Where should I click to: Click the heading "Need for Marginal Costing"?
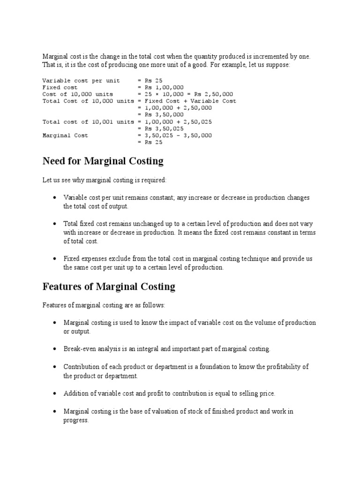103,162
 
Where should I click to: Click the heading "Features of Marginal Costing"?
109,286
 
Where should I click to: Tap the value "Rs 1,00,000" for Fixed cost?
165,88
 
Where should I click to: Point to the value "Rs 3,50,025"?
165,128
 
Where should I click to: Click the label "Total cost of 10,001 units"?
88,122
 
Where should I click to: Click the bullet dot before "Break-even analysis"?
55,349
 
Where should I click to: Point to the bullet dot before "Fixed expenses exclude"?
55,259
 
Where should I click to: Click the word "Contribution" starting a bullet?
81,367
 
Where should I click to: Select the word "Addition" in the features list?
76,394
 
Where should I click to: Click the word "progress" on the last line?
75,420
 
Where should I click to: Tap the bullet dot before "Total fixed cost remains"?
55,224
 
